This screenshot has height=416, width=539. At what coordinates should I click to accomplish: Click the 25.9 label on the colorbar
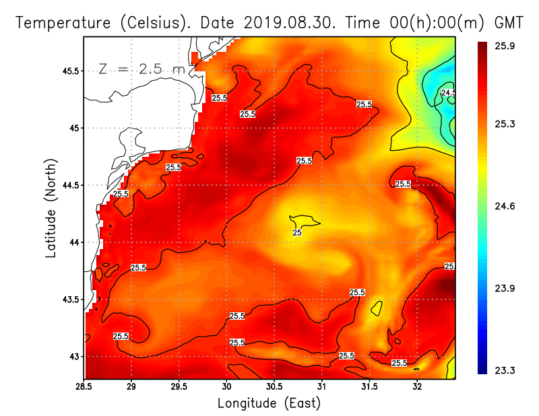505,46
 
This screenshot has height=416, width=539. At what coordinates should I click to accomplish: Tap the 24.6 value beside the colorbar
505,206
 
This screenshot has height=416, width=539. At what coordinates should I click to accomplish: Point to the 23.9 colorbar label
505,288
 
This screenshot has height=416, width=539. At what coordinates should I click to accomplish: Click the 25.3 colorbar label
505,125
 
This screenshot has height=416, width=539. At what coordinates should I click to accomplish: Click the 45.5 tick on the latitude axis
69,71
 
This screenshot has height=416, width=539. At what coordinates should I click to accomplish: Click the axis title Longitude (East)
269,403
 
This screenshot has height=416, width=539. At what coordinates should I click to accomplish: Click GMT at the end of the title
509,22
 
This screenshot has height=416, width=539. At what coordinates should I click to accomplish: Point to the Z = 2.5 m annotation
141,69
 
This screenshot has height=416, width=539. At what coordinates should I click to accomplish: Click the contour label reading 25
296,232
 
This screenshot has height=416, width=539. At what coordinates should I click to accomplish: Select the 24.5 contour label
449,93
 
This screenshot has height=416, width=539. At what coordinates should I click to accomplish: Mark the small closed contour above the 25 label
304,221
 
